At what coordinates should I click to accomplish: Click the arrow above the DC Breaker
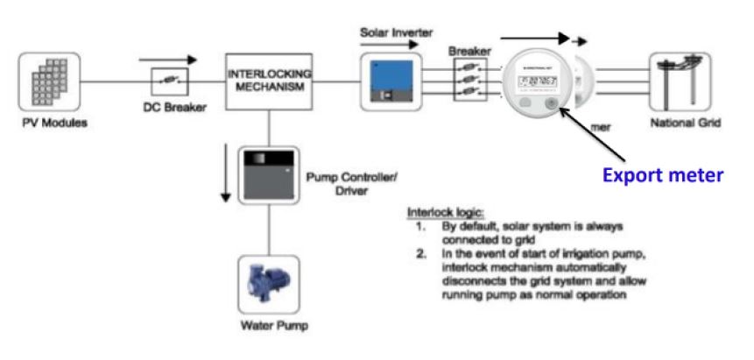point(167,60)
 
